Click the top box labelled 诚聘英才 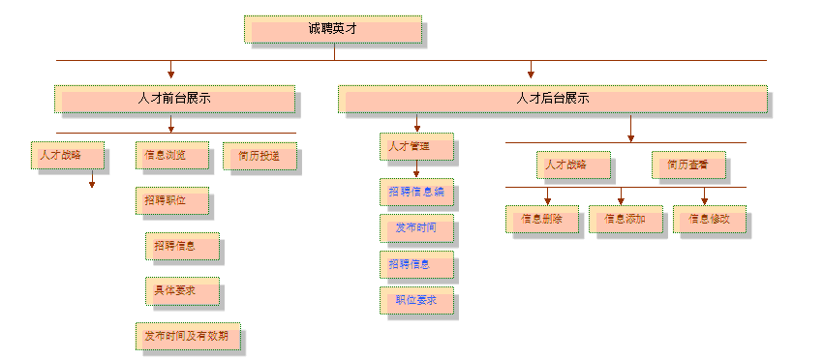333,29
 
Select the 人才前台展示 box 175,99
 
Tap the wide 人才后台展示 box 552,99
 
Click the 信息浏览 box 164,155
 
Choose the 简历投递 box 259,155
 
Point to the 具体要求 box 181,290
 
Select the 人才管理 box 415,147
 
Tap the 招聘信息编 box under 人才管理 415,193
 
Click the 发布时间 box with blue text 415,228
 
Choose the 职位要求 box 415,301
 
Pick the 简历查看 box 687,165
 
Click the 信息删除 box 540,219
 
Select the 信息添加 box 625,219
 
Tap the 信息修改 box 709,219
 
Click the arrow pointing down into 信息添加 621,200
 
